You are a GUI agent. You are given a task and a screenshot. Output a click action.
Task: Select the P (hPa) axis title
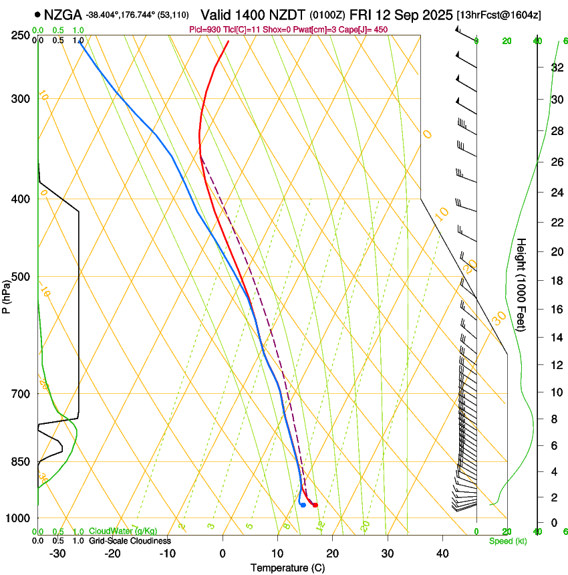(6, 294)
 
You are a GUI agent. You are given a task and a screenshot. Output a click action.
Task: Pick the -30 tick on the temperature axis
(57, 554)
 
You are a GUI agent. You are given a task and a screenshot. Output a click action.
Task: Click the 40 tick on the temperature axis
(442, 554)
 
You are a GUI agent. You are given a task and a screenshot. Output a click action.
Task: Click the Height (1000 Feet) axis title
(521, 284)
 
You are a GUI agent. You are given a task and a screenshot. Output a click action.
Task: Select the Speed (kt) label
(507, 541)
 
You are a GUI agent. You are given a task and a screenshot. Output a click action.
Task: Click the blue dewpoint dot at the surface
(303, 505)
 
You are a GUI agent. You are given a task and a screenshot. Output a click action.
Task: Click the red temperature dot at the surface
(315, 505)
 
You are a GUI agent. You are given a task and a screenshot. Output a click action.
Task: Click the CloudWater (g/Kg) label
(122, 532)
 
